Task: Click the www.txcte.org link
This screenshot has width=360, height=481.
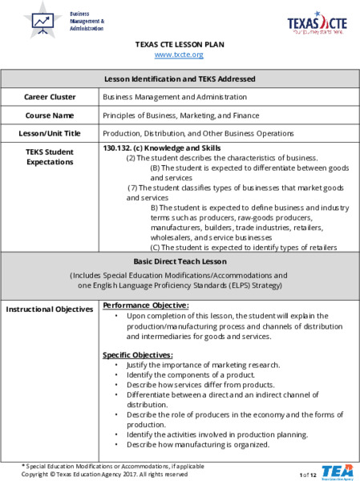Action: point(179,55)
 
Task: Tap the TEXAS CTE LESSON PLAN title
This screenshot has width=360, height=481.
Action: point(180,44)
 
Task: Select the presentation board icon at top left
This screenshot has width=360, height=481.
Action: point(42,20)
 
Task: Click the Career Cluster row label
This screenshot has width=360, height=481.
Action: point(50,97)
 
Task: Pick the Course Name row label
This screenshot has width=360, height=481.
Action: point(50,115)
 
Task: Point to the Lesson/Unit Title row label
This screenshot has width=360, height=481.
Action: point(50,133)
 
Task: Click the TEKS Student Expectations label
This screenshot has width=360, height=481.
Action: point(50,156)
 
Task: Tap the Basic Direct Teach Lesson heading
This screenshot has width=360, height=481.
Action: point(180,261)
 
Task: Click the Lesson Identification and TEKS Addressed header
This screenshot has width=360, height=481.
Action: point(180,79)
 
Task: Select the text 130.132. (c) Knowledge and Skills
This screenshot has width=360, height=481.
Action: point(162,148)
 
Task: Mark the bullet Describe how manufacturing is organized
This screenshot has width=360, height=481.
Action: point(189,443)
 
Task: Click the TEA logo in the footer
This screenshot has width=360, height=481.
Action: point(336,471)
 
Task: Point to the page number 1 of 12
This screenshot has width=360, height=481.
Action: point(309,475)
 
